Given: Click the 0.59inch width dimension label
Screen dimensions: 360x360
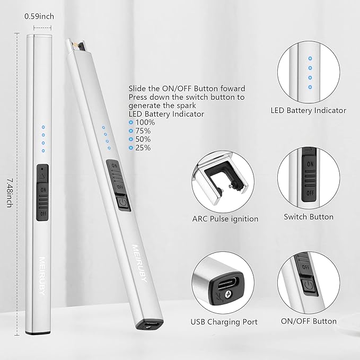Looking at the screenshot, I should tap(39, 16).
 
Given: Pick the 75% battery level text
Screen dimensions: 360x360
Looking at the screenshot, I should tap(142, 131).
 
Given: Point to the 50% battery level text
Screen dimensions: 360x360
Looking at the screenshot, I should tap(142, 139).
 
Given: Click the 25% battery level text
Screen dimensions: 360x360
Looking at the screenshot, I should tap(142, 148).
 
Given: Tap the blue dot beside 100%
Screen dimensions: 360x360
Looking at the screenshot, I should tap(130, 122).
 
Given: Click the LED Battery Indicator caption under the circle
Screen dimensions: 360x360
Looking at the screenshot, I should tap(308, 110).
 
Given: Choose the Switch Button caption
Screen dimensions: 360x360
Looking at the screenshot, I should tap(309, 216).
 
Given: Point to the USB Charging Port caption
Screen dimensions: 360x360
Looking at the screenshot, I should tap(224, 321).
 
